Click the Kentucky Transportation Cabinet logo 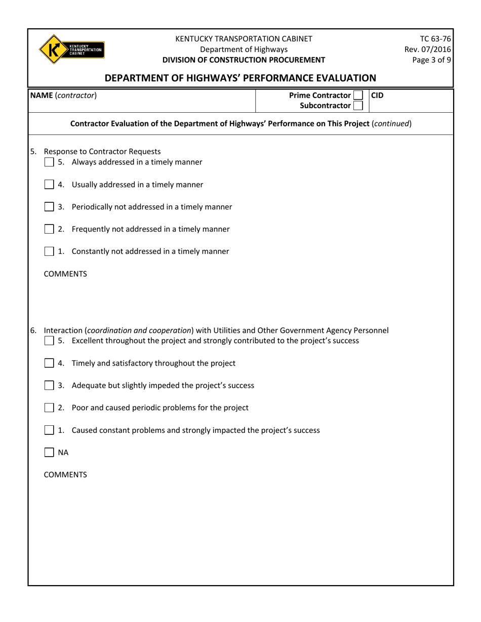point(71,49)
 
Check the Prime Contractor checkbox point(357,95)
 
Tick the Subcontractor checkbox point(357,106)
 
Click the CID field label point(377,95)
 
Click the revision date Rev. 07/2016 point(428,49)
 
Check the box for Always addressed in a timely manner point(49,162)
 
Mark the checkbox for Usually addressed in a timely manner point(49,185)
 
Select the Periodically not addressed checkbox point(49,207)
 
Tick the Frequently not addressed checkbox point(49,229)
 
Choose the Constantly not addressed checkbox point(49,251)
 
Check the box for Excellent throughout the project point(49,341)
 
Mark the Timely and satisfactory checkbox point(49,363)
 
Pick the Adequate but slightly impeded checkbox point(49,385)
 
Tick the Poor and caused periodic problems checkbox point(49,408)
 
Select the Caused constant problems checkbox point(49,430)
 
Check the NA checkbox point(49,453)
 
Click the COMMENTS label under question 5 point(65,274)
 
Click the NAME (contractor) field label point(63,95)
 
